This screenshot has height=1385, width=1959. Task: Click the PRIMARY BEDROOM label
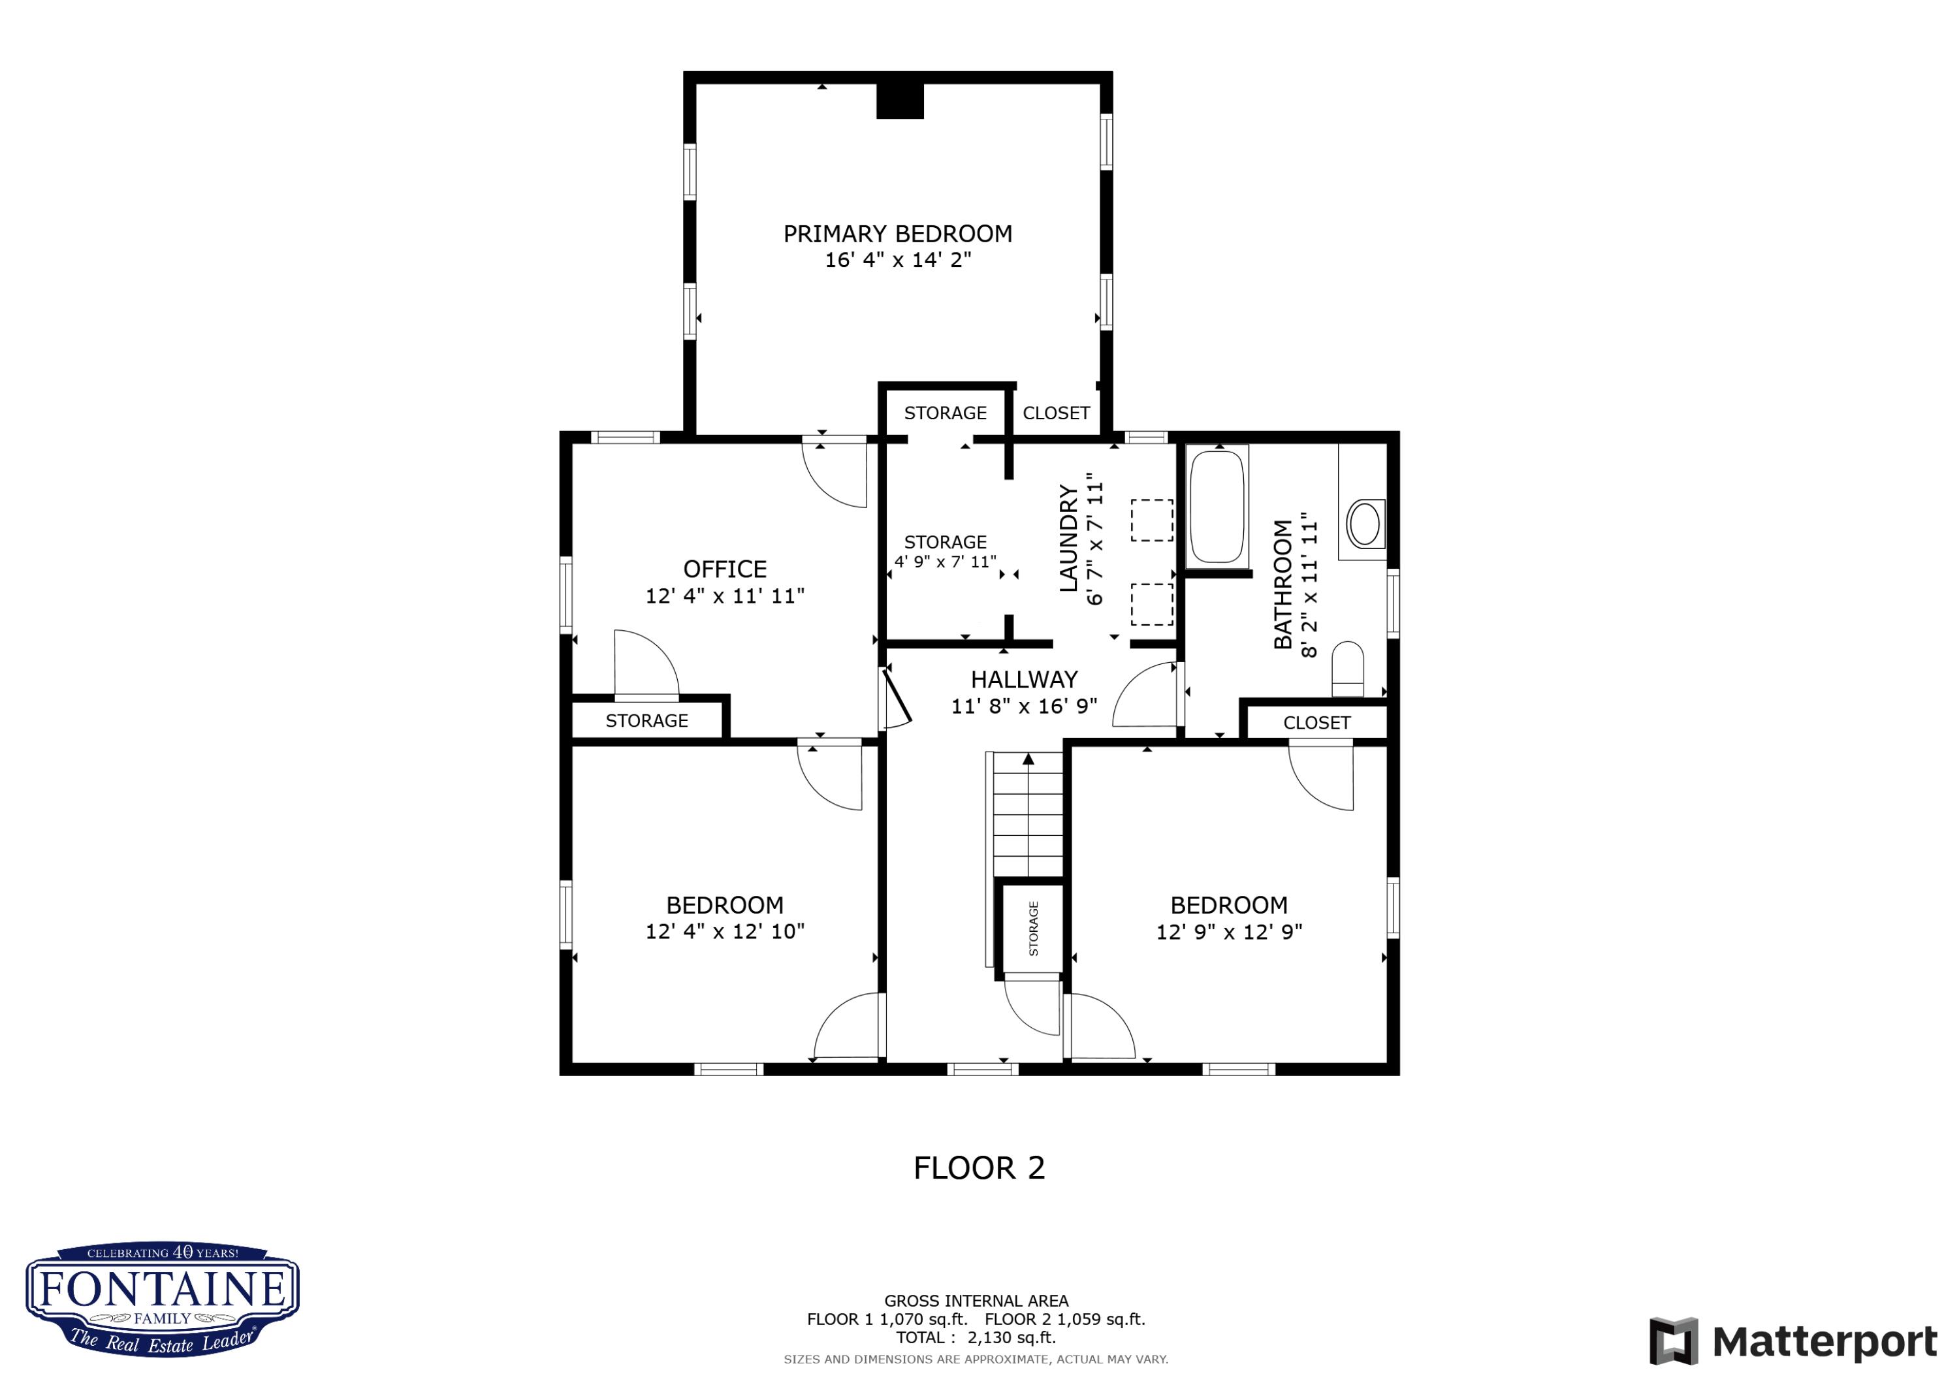click(x=898, y=234)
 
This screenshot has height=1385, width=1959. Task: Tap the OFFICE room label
click(x=725, y=569)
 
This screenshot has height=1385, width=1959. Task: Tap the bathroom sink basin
click(x=1364, y=523)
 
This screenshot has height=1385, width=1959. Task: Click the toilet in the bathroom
click(x=1348, y=669)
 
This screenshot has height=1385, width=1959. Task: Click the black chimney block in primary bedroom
click(x=900, y=101)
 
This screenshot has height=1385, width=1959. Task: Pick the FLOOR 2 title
click(x=979, y=1168)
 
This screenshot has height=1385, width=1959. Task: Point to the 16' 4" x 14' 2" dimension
click(x=898, y=261)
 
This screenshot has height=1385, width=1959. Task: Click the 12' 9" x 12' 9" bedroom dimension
click(x=1230, y=932)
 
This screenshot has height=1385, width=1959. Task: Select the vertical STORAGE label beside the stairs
click(x=1033, y=929)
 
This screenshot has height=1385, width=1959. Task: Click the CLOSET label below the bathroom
click(x=1316, y=723)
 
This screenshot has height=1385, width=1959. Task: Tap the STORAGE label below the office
click(x=646, y=721)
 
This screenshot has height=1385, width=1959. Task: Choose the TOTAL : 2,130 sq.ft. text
click(x=976, y=1337)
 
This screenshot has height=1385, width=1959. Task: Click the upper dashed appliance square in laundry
click(x=1152, y=520)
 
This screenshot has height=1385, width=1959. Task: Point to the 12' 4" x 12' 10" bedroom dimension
click(x=725, y=932)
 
